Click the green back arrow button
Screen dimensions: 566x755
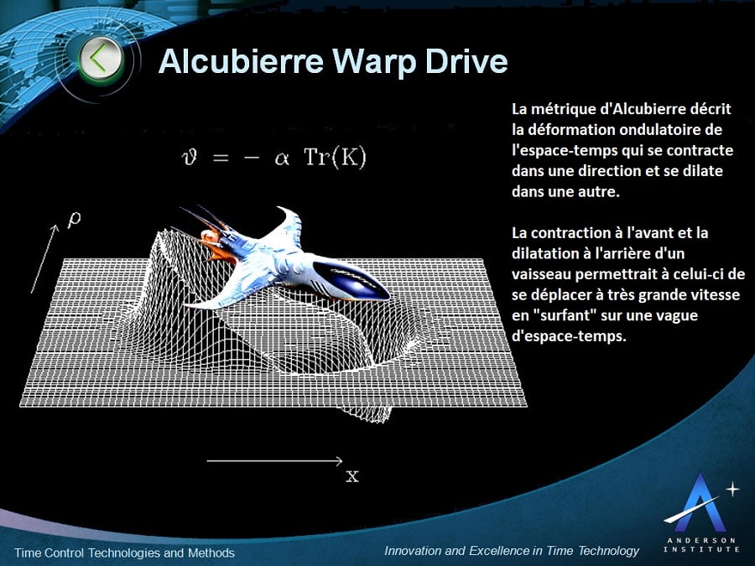(100, 59)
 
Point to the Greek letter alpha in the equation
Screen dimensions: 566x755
(280, 158)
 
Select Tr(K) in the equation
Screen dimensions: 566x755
(336, 158)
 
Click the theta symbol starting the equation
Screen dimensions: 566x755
(190, 158)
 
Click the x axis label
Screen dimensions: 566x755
(352, 476)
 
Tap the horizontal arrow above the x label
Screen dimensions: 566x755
(274, 460)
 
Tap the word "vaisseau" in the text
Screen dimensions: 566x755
(542, 273)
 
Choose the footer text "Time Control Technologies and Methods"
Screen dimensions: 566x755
(125, 553)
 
